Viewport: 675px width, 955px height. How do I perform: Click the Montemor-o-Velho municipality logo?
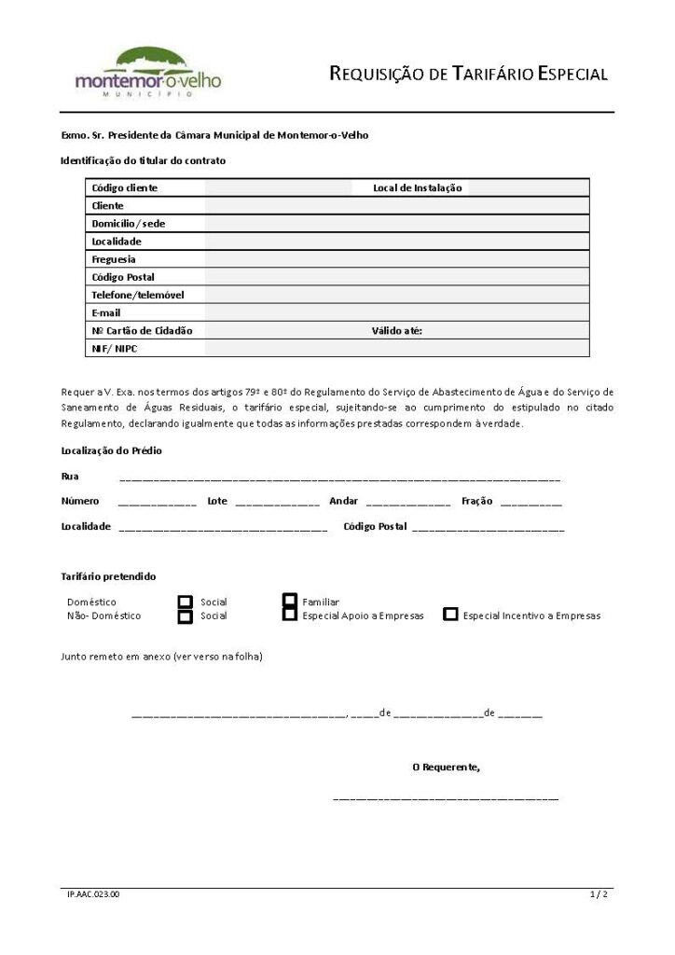(x=148, y=73)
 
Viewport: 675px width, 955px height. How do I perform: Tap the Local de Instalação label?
(x=417, y=187)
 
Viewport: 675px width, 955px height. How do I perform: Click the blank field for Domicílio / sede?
(x=396, y=224)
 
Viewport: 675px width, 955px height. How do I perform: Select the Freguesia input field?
(x=396, y=259)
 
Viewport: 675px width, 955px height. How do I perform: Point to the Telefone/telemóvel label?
(x=137, y=295)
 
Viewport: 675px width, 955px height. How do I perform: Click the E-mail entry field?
(x=396, y=312)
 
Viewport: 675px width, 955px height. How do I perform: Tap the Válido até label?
(x=396, y=330)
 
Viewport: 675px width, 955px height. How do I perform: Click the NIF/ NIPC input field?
(x=396, y=349)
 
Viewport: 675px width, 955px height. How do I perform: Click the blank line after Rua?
(x=339, y=477)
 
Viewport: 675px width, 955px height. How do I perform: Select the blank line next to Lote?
(x=277, y=503)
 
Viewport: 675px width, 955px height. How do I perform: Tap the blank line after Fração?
(x=530, y=503)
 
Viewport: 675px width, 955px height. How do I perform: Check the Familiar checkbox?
(x=290, y=602)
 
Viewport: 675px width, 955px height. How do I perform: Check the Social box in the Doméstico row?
(x=186, y=602)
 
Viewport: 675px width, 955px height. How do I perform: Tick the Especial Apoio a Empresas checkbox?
(x=290, y=616)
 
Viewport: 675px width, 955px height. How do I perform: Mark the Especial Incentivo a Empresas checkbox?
(x=450, y=616)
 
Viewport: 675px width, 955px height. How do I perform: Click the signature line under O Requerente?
(x=446, y=798)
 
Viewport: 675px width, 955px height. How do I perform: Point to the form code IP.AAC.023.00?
(x=93, y=894)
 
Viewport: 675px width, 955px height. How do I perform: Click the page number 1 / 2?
(x=599, y=894)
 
